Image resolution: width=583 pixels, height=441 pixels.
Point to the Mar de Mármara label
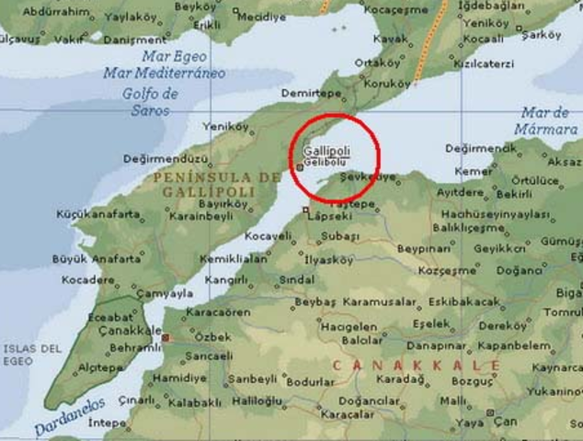click(550, 121)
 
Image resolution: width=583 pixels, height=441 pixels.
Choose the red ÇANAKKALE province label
click(417, 366)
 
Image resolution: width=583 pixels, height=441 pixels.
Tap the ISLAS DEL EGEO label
click(31, 355)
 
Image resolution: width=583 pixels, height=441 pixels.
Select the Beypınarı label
click(426, 249)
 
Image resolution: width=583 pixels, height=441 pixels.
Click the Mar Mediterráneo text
click(165, 73)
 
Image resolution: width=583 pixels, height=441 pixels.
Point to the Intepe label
click(107, 423)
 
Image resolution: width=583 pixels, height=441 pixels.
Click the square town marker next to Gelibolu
click(299, 167)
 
